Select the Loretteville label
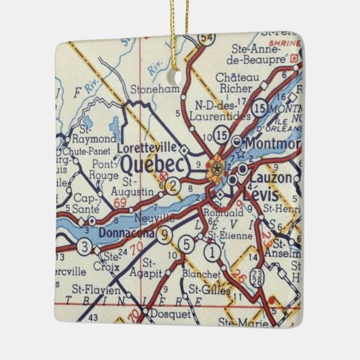pyautogui.click(x=147, y=147)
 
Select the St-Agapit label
pyautogui.click(x=151, y=268)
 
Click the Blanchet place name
pyautogui.click(x=202, y=274)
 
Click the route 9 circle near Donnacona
pyautogui.click(x=164, y=236)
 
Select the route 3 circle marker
pyautogui.click(x=84, y=246)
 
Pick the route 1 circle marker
pyautogui.click(x=213, y=254)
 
